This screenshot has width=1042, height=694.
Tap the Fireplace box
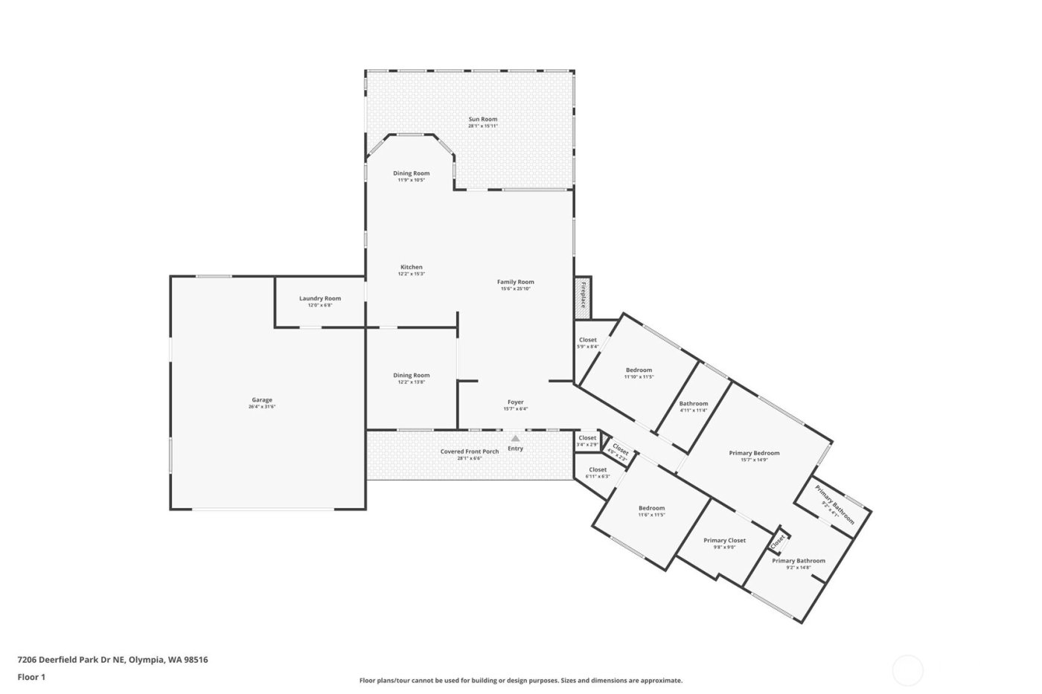pyautogui.click(x=583, y=295)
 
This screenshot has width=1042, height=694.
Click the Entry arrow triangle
pyautogui.click(x=515, y=439)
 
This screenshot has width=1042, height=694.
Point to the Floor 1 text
pyautogui.click(x=31, y=677)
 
